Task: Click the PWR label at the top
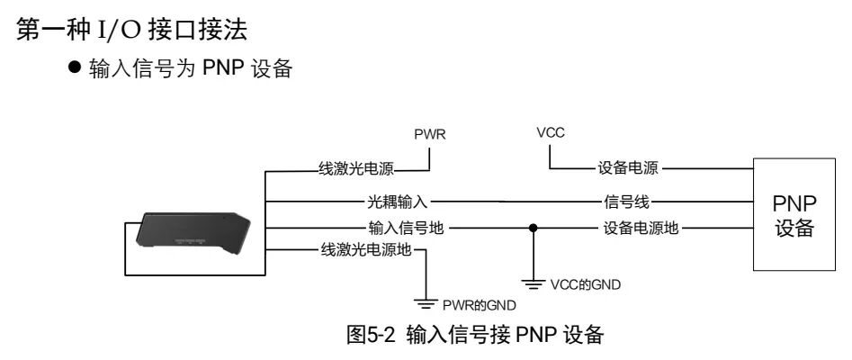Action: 430,135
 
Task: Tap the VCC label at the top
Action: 550,132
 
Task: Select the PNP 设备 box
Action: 794,214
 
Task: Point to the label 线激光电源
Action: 356,168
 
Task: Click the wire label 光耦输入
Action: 398,202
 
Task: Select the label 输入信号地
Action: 406,228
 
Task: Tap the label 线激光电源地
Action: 366,250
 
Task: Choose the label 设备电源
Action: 628,167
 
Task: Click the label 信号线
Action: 626,202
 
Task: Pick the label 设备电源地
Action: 641,228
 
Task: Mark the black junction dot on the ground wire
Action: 533,228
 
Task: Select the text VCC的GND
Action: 585,284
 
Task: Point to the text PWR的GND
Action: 479,305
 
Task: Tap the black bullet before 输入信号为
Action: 75,67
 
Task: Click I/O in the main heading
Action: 117,30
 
